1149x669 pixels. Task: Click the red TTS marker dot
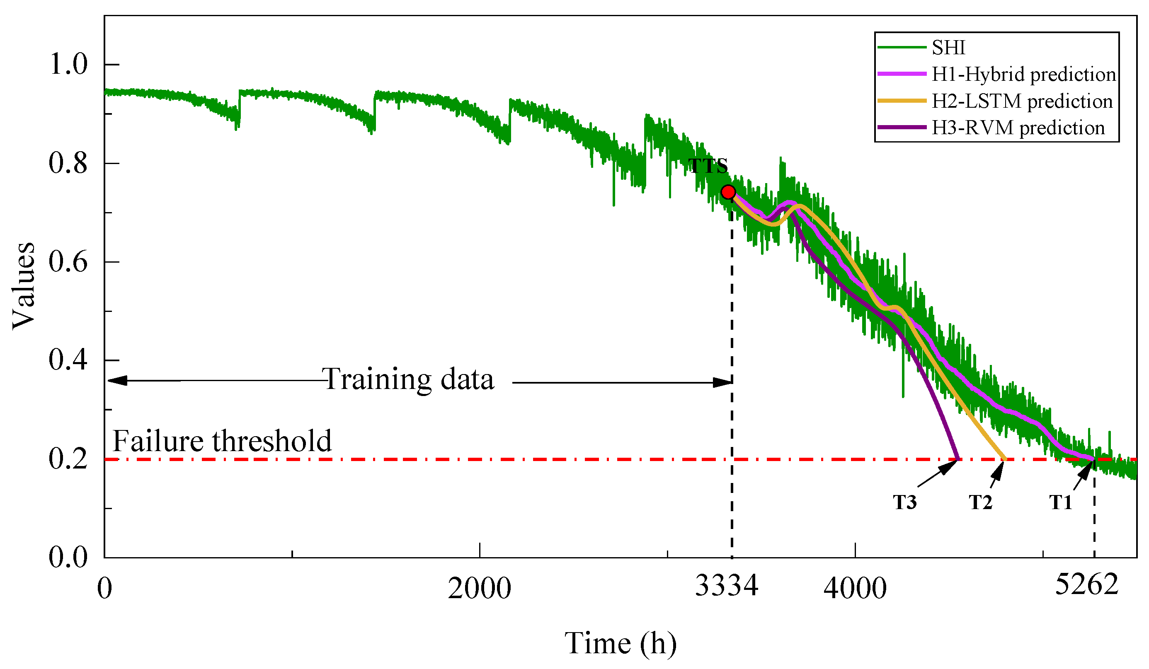(728, 192)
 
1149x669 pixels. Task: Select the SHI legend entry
(948, 47)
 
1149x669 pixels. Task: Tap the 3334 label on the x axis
(726, 586)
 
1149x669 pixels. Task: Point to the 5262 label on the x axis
(1086, 584)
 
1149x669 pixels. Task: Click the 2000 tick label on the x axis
(479, 588)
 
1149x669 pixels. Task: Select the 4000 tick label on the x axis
(855, 588)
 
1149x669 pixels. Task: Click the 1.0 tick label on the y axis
(68, 64)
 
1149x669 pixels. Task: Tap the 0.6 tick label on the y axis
(68, 262)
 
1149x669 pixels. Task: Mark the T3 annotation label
(904, 502)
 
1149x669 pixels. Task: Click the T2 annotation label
(980, 502)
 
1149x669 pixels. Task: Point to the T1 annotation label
(1061, 502)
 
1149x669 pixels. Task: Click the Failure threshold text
(222, 441)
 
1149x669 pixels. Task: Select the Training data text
(408, 379)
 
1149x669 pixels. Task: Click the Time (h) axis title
(621, 643)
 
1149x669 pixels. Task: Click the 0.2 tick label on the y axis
(68, 459)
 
